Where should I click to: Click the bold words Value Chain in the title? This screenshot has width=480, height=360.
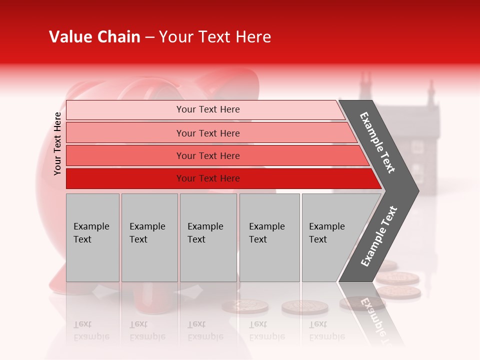(x=94, y=37)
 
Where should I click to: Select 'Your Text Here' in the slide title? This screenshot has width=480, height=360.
(x=215, y=37)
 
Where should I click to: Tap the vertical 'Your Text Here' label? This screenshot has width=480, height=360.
(x=57, y=143)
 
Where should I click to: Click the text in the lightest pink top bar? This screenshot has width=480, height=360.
(x=208, y=109)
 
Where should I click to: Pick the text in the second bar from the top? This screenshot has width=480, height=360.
(x=208, y=133)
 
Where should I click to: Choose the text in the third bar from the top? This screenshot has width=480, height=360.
(x=208, y=156)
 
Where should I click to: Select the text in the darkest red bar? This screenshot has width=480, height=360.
(x=208, y=178)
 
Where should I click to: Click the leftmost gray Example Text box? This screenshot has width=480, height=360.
(x=92, y=237)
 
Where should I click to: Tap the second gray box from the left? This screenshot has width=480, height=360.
(x=149, y=237)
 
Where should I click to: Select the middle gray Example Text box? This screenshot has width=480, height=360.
(x=208, y=237)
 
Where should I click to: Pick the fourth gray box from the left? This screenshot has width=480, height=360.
(x=269, y=237)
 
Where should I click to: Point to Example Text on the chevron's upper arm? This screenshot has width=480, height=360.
(x=377, y=142)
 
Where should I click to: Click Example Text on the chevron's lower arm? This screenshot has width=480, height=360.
(x=379, y=236)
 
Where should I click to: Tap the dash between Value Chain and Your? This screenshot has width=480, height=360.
(x=149, y=37)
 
